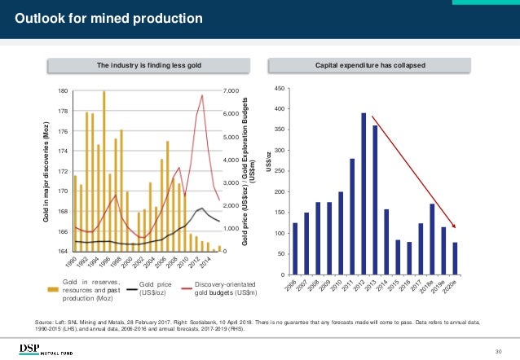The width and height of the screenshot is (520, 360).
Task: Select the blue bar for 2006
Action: pyautogui.click(x=295, y=248)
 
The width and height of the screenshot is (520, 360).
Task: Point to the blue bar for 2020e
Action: pyautogui.click(x=454, y=258)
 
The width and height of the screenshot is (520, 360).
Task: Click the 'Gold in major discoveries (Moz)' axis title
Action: pyautogui.click(x=47, y=171)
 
